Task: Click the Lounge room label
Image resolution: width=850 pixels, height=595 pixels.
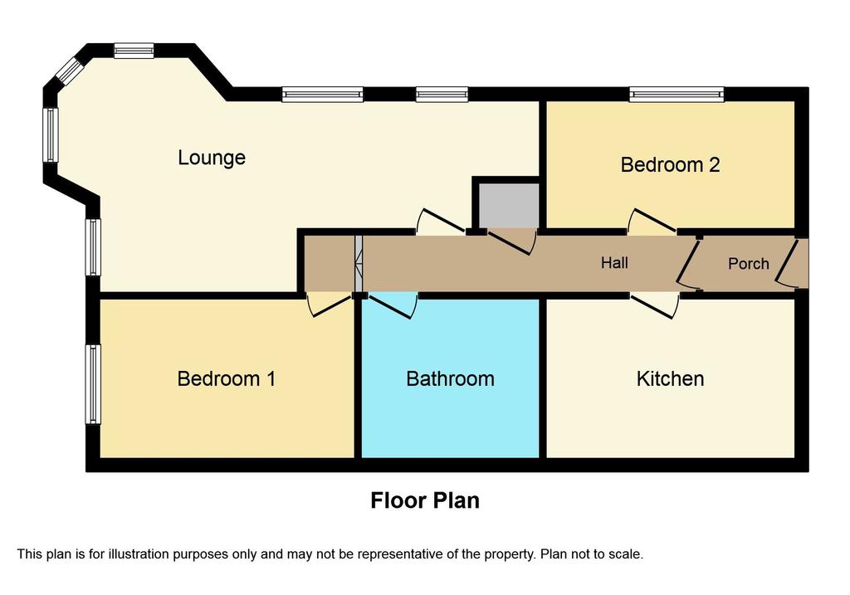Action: tap(212, 158)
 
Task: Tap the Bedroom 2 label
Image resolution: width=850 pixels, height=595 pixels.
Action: tap(670, 165)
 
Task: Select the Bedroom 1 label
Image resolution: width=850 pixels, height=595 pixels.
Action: tap(226, 378)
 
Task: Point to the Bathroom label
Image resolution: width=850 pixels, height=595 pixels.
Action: tap(450, 378)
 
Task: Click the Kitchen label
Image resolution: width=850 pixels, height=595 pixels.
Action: tap(670, 378)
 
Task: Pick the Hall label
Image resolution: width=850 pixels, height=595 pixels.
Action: tap(614, 263)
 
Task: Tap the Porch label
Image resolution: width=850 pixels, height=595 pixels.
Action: tap(748, 264)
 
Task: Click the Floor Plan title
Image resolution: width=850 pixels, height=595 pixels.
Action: tap(424, 500)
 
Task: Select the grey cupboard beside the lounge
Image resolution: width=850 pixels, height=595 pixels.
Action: tap(508, 205)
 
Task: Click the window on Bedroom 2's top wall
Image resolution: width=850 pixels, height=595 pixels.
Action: tap(677, 95)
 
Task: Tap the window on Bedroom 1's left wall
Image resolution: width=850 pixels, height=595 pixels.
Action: tap(93, 384)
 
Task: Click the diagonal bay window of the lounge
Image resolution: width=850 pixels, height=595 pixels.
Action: tap(71, 71)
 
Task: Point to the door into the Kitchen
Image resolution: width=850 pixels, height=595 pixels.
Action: tap(654, 306)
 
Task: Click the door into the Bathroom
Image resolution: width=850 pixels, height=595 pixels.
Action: tap(393, 306)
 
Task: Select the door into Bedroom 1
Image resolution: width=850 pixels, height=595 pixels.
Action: tap(329, 305)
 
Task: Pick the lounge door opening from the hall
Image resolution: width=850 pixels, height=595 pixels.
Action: tap(440, 222)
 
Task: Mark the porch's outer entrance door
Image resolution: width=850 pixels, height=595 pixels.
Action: tap(786, 263)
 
